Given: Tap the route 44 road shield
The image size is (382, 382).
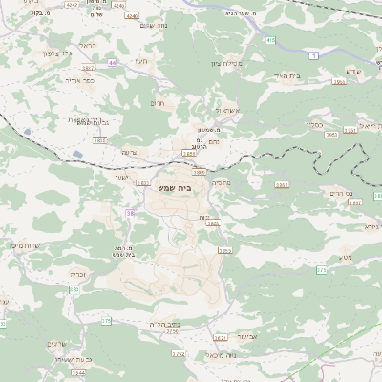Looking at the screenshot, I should coord(112,62).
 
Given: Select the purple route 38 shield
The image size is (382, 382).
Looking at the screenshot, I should coord(131,211).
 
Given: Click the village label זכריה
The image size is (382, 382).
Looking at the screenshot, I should coord(77,273).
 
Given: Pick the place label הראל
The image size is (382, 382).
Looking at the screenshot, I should coord(89,44).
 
